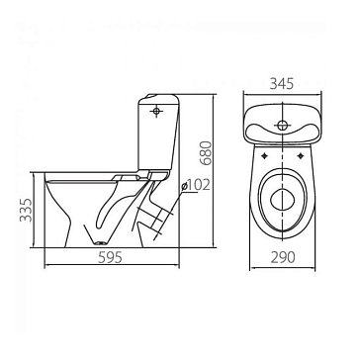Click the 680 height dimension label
(206, 153)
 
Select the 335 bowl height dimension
(26, 210)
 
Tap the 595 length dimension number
(110, 257)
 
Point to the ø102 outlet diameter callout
(196, 186)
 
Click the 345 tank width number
(282, 84)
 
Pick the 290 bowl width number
(283, 257)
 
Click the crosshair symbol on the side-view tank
(156, 111)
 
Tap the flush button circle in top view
(282, 125)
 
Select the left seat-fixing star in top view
(265, 156)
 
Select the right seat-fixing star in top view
(301, 156)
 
